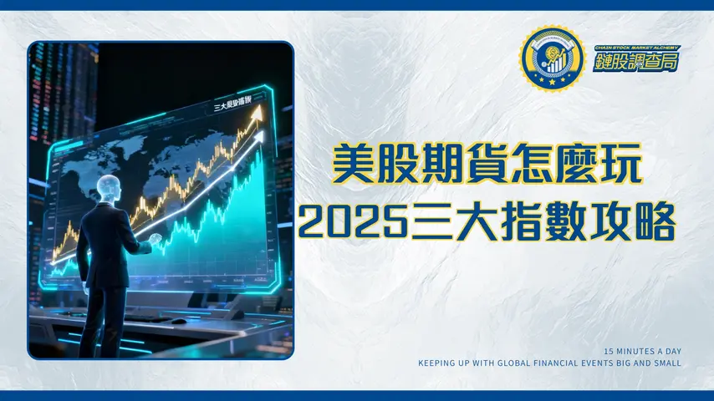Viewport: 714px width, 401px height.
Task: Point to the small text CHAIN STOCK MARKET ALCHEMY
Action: click(636, 48)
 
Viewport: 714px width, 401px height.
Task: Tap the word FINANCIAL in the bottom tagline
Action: click(573, 363)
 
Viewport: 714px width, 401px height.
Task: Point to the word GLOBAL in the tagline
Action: click(523, 363)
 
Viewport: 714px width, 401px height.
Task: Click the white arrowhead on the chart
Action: click(259, 135)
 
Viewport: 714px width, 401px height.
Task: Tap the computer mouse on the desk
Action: click(179, 321)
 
